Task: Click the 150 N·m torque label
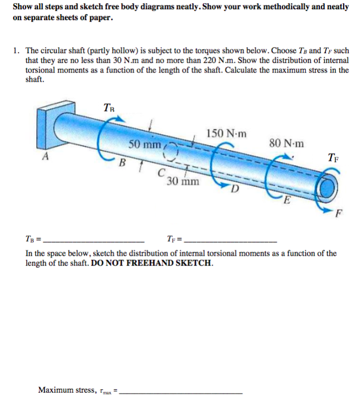click(x=226, y=133)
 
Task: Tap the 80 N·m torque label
click(x=286, y=144)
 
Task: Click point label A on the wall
click(x=45, y=157)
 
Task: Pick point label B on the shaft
click(x=122, y=162)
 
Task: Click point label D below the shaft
click(x=234, y=190)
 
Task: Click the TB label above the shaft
click(x=109, y=107)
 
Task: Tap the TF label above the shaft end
click(x=334, y=158)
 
